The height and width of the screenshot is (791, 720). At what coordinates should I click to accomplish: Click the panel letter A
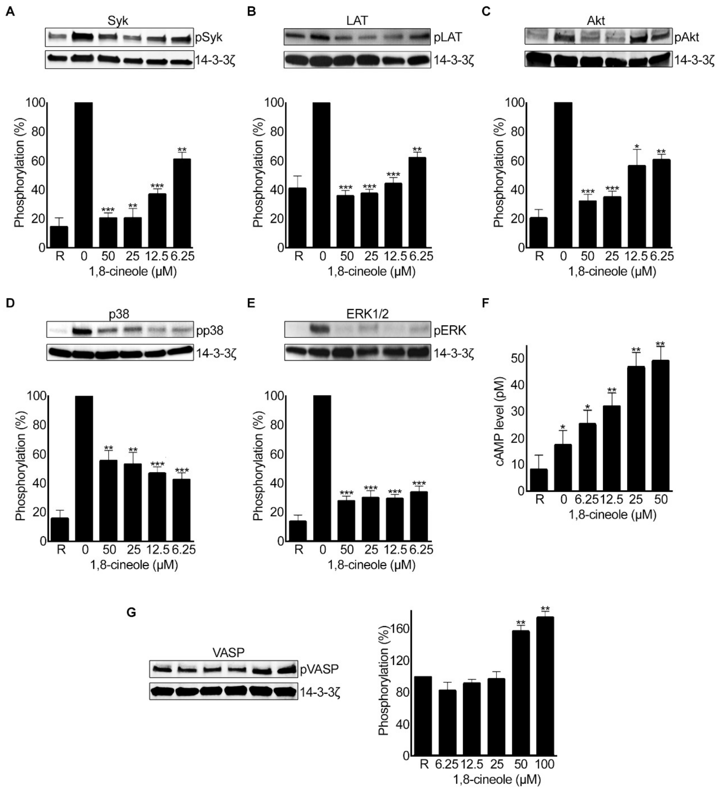11,11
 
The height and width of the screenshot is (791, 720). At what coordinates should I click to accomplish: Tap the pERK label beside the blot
451,331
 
